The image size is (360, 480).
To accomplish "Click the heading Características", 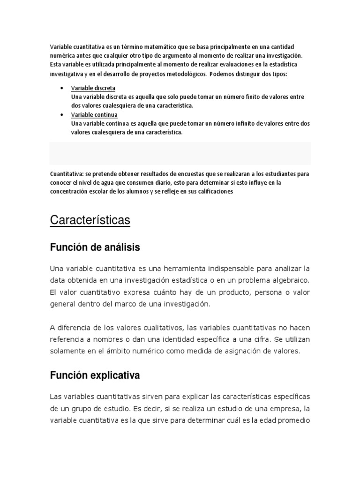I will (90, 220).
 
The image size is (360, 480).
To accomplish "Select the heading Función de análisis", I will (95, 247).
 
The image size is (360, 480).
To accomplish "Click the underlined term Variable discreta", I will (93, 88).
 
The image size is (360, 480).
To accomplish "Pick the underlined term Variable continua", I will (94, 115).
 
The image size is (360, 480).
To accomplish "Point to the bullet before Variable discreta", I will (63, 88).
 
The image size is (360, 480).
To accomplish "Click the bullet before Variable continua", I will (63, 115).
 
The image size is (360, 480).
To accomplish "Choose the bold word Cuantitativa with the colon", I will (67, 173).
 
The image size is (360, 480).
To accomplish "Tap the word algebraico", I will (292, 280).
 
